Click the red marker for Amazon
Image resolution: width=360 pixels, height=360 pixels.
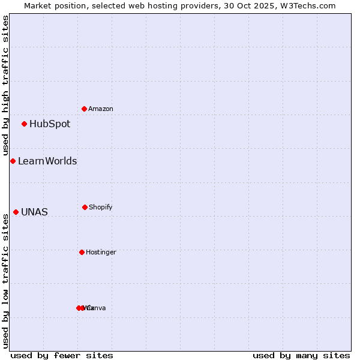tap(84, 109)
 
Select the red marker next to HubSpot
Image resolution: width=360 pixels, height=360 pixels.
tap(24, 124)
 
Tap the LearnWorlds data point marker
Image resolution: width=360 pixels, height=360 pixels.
tap(13, 161)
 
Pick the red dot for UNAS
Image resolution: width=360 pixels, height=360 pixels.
tap(16, 212)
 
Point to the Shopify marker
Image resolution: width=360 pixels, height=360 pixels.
tap(85, 207)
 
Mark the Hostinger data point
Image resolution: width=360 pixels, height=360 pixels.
tap(82, 252)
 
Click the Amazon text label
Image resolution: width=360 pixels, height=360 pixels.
tap(101, 109)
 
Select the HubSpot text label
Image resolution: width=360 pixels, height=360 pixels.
tap(50, 124)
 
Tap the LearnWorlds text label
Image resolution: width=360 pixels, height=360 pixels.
tap(47, 161)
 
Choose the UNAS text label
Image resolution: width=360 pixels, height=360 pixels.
tap(34, 212)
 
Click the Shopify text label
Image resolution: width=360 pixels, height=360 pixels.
tap(101, 207)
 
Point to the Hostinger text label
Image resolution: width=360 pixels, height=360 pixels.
tap(101, 252)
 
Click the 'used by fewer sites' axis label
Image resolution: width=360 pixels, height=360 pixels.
tap(62, 355)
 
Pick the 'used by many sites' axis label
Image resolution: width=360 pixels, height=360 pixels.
tap(301, 355)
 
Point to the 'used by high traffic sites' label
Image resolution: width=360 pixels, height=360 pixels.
tap(5, 86)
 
